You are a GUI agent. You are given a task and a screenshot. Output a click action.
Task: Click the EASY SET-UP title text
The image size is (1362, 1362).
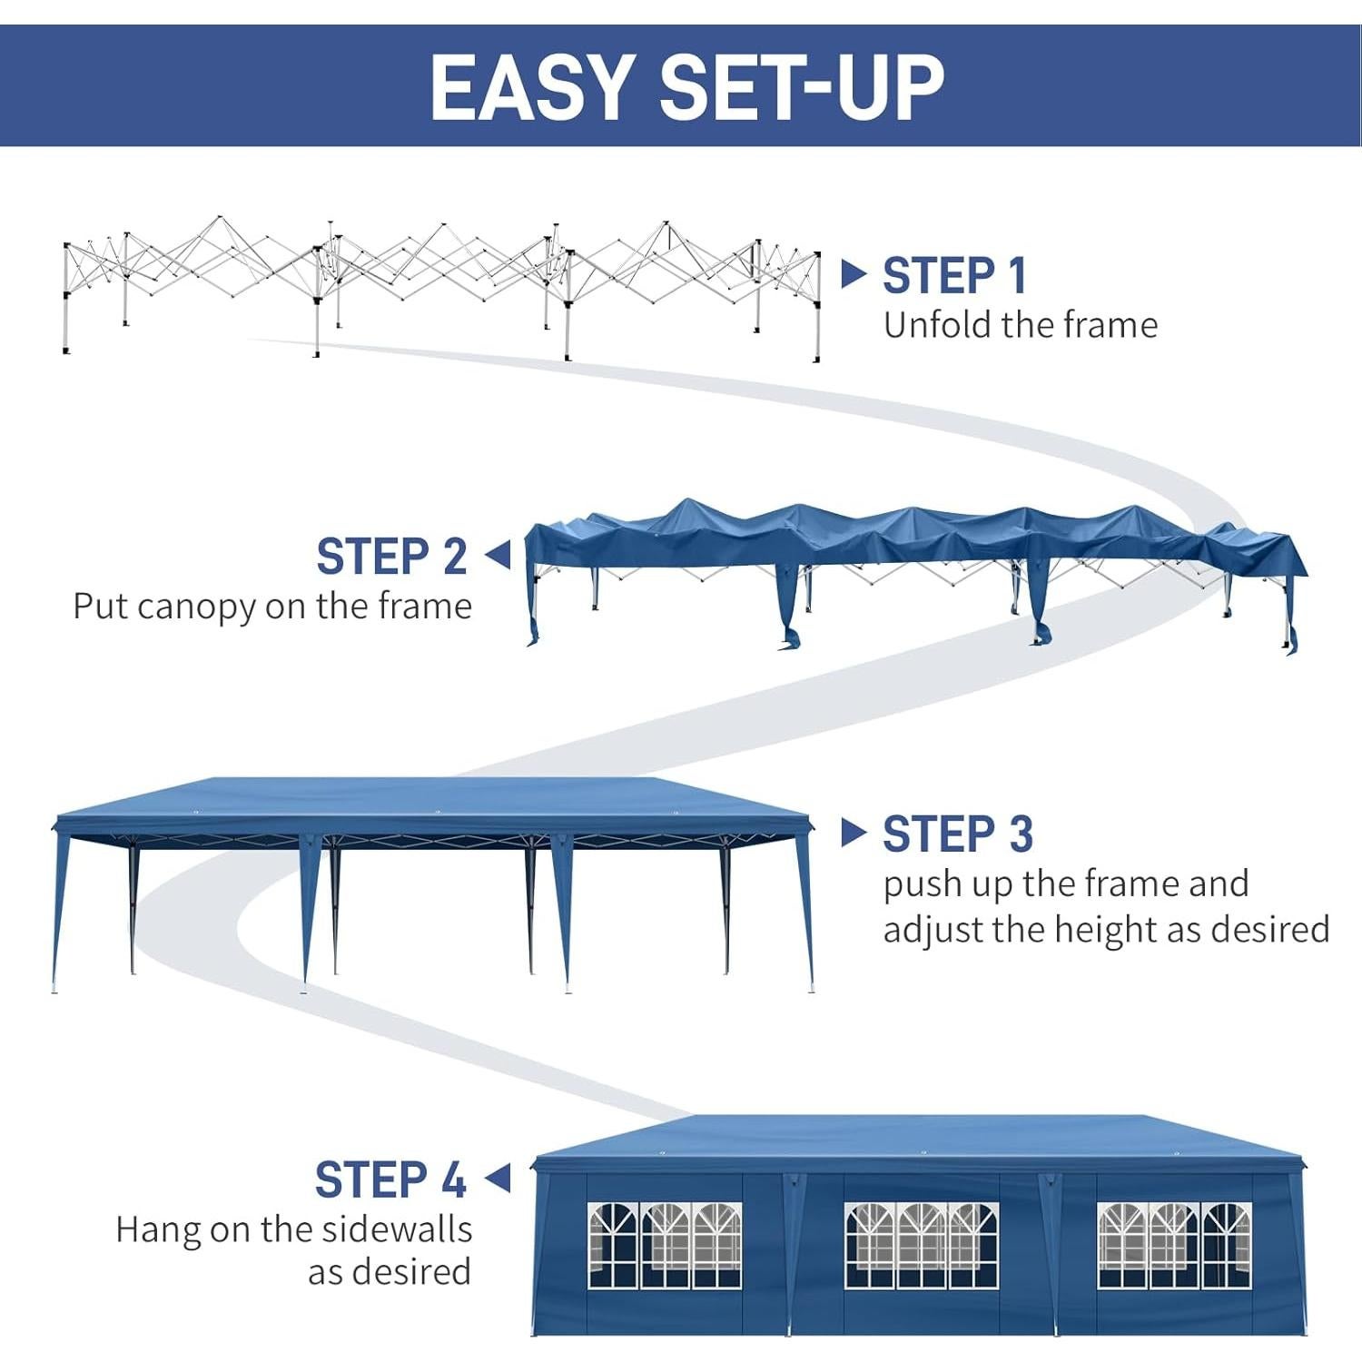pyautogui.click(x=686, y=86)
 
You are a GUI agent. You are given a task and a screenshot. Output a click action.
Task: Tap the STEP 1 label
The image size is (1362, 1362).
pyautogui.click(x=954, y=276)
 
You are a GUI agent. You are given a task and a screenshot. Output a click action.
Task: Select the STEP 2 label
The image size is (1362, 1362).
pyautogui.click(x=391, y=557)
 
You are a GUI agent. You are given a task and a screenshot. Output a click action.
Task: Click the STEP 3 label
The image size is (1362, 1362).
pyautogui.click(x=957, y=834)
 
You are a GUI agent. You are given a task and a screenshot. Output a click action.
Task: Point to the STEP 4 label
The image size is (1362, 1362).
pyautogui.click(x=390, y=1180)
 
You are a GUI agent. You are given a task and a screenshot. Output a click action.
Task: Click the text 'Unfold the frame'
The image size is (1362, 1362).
pyautogui.click(x=1020, y=325)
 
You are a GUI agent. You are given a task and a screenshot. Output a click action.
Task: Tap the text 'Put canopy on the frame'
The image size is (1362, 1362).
pyautogui.click(x=272, y=607)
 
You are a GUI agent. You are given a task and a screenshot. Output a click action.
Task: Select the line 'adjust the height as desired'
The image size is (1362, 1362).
pyautogui.click(x=1105, y=930)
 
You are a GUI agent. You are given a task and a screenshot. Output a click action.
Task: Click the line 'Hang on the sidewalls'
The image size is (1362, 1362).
pyautogui.click(x=293, y=1229)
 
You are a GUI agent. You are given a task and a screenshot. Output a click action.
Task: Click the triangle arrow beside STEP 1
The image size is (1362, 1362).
pyautogui.click(x=853, y=274)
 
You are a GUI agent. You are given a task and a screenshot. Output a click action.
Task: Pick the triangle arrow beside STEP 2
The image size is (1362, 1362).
pyautogui.click(x=498, y=555)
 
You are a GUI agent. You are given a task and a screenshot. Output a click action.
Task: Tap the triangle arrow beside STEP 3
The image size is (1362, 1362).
pyautogui.click(x=853, y=833)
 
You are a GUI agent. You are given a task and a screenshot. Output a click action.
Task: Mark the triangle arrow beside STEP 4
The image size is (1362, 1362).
pyautogui.click(x=498, y=1179)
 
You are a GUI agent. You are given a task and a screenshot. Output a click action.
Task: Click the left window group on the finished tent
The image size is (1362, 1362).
pyautogui.click(x=664, y=1245)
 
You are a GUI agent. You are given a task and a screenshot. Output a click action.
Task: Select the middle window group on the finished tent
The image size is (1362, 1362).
pyautogui.click(x=921, y=1245)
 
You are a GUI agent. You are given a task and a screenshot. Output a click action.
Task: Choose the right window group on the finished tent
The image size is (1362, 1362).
pyautogui.click(x=1173, y=1245)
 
